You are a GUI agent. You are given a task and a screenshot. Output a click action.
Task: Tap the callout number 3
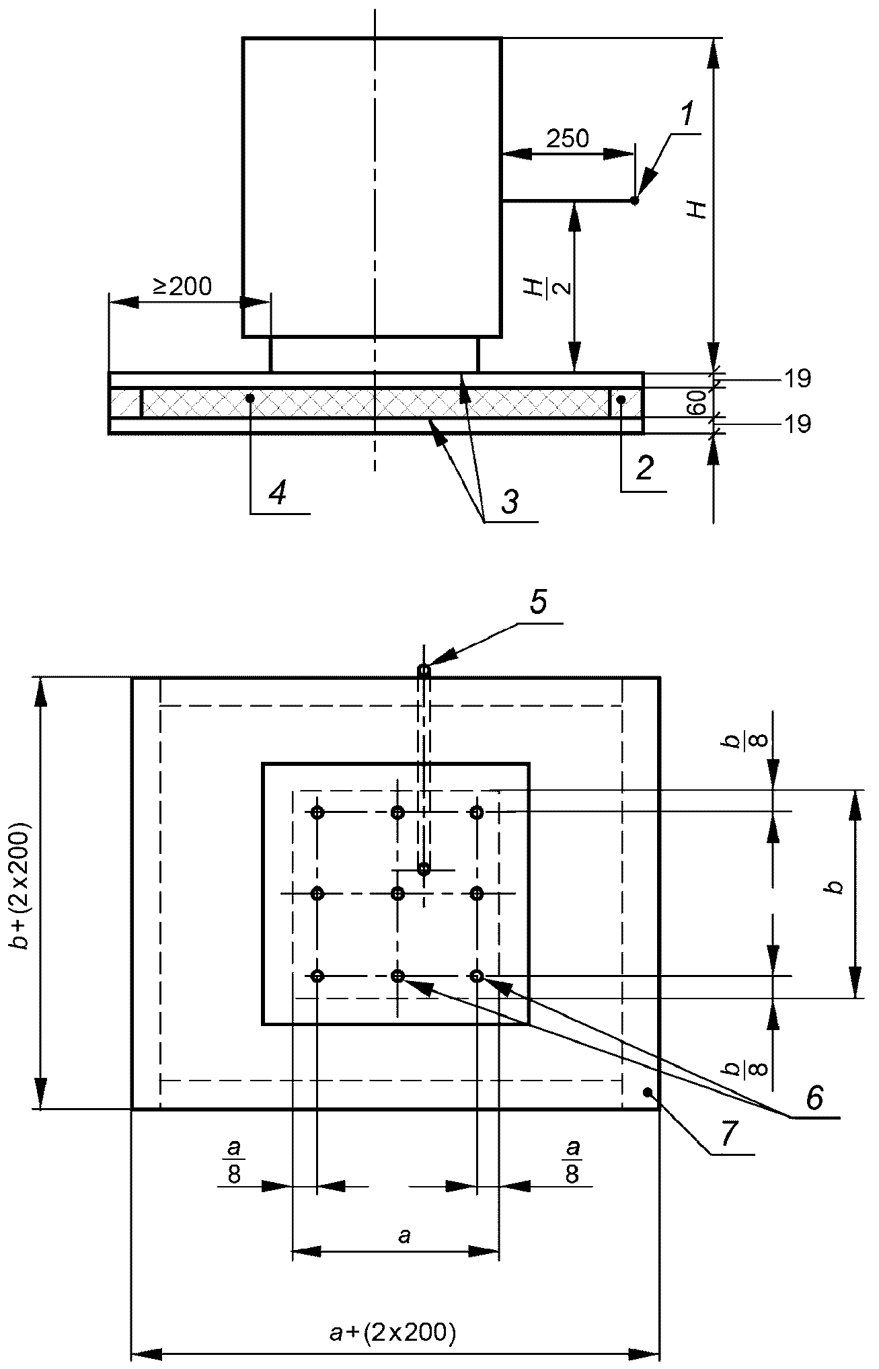click(x=510, y=501)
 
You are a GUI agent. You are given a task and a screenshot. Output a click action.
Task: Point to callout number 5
click(x=538, y=602)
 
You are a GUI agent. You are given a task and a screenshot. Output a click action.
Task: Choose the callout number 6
click(x=814, y=1098)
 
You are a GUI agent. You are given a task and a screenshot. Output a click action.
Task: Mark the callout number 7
click(x=730, y=1134)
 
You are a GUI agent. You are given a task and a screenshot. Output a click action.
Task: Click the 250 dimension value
click(x=567, y=139)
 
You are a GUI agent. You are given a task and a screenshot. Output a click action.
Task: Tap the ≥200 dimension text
click(x=182, y=286)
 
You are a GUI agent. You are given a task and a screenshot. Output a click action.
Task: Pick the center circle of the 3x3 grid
click(x=398, y=894)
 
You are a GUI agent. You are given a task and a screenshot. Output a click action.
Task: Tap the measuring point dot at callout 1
click(x=635, y=200)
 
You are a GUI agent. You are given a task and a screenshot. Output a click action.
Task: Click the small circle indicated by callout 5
click(x=424, y=670)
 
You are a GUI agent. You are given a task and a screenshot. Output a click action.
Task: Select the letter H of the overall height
click(x=699, y=209)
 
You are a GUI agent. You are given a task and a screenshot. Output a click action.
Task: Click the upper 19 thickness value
click(x=797, y=379)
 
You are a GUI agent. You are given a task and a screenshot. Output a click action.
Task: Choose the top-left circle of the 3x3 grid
click(x=318, y=813)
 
